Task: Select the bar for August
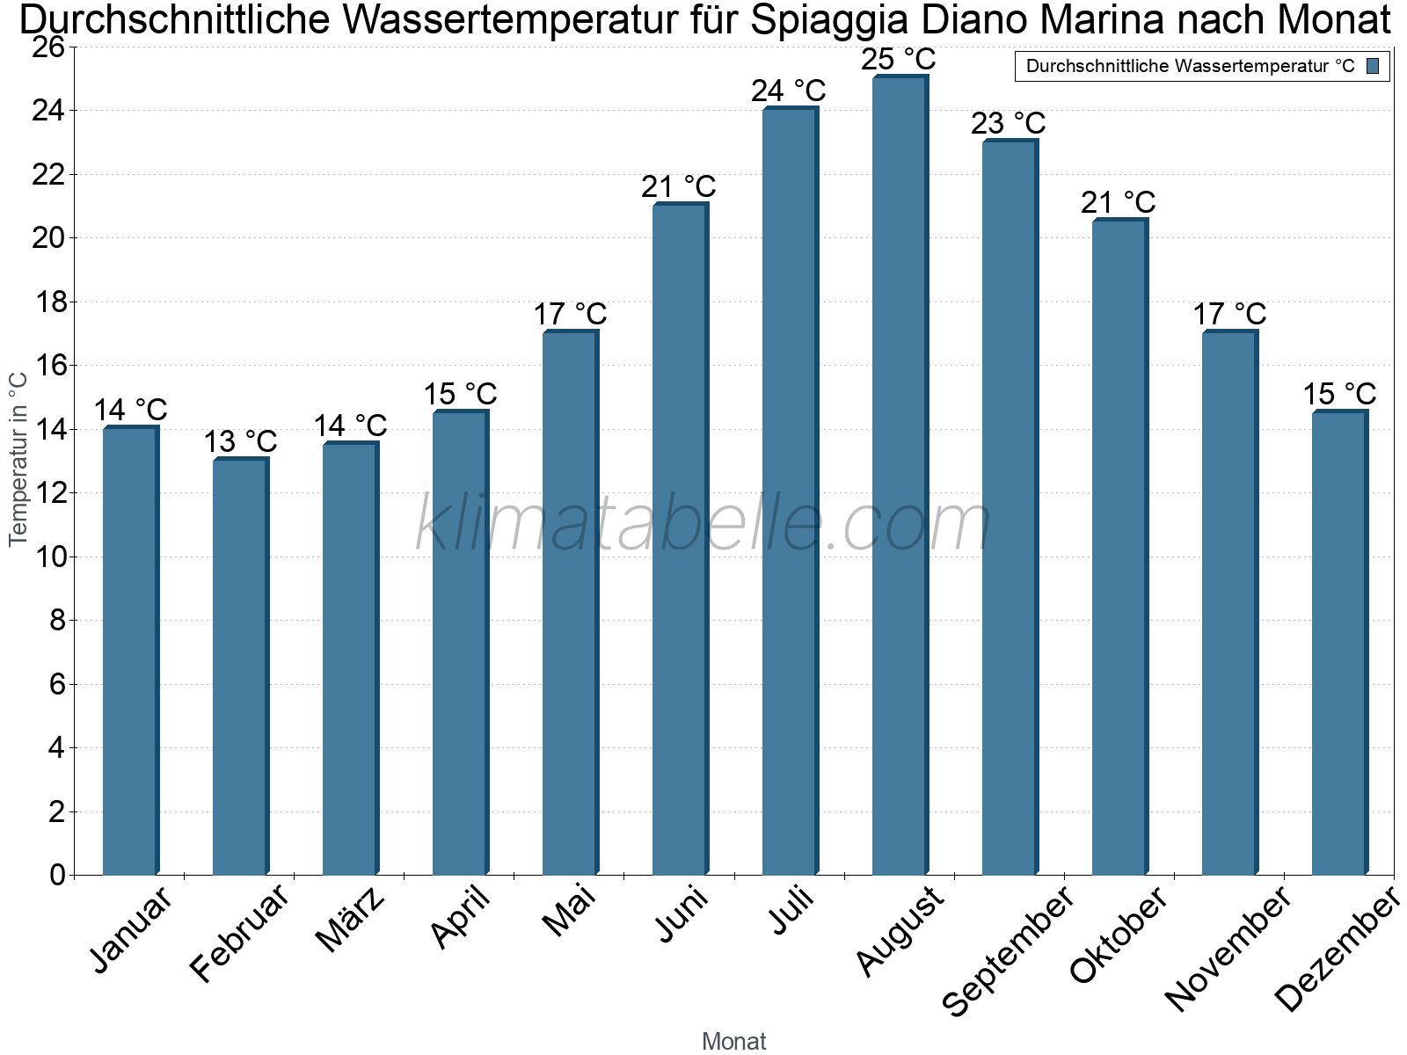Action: click(900, 475)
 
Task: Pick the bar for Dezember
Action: click(1339, 642)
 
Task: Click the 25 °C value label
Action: click(898, 60)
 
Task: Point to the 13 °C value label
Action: click(240, 441)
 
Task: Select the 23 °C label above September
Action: click(1009, 123)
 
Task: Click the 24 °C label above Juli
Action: click(789, 91)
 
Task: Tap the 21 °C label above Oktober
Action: click(1119, 203)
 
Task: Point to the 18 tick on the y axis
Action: click(50, 302)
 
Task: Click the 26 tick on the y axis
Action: click(50, 47)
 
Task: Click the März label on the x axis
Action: click(350, 920)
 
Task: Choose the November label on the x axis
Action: click(1228, 949)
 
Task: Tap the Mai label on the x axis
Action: click(569, 912)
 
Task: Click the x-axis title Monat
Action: click(734, 1041)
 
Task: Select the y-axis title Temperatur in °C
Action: click(18, 459)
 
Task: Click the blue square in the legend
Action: click(1374, 66)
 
